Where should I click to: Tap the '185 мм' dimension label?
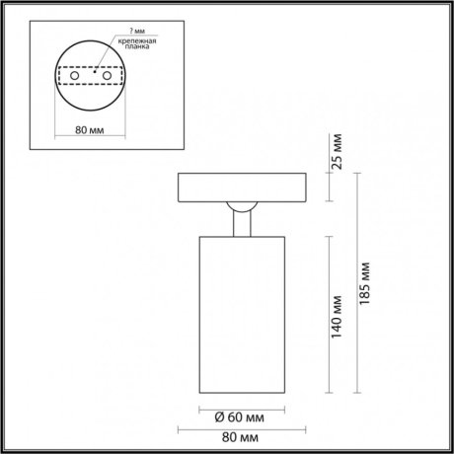point(367,281)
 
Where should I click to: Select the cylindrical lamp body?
point(241,316)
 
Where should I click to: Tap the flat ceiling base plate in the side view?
point(241,188)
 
